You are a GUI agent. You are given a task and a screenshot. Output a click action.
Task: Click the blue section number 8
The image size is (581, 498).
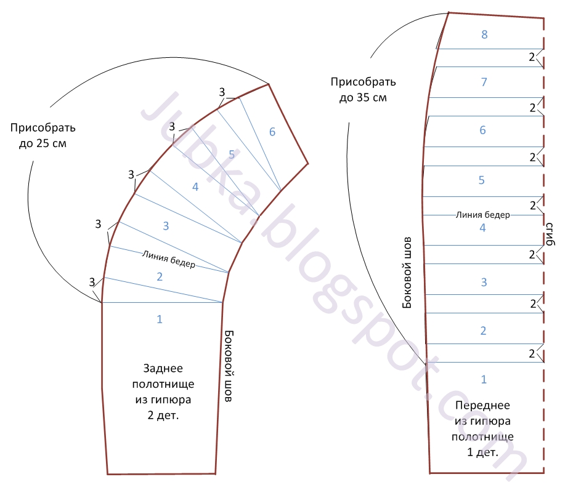[x=484, y=34]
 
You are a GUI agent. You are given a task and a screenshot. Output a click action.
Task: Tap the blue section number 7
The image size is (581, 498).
[x=484, y=82]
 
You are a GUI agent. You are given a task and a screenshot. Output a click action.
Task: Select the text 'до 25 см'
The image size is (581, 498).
[x=47, y=143]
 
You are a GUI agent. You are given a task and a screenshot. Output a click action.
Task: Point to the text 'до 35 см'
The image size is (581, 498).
[x=364, y=97]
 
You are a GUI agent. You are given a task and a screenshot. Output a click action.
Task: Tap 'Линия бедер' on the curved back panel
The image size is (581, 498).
[x=169, y=259]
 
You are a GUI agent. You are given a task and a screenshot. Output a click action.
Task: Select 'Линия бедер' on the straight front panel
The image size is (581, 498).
[x=483, y=215]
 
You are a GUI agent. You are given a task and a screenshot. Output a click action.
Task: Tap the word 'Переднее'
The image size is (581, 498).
[x=482, y=406]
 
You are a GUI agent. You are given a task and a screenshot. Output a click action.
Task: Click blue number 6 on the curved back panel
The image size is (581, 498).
[x=272, y=131]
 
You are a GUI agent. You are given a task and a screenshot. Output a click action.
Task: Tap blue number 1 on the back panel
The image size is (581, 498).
[x=160, y=319]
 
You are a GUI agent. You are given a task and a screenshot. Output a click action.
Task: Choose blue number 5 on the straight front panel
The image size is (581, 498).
[x=482, y=181]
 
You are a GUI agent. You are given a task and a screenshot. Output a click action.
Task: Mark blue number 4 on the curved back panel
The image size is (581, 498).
[x=195, y=187]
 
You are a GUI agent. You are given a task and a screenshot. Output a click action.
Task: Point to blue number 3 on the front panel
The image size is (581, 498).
[x=484, y=283]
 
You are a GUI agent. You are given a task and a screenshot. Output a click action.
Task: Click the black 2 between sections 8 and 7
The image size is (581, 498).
[x=533, y=58]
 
